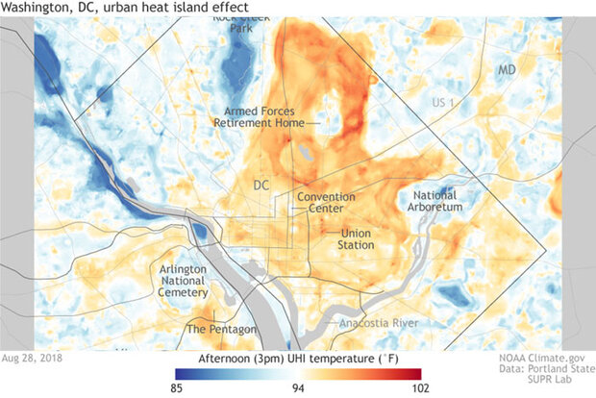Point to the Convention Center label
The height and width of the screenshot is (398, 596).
click(x=325, y=203)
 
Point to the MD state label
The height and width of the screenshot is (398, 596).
click(x=508, y=71)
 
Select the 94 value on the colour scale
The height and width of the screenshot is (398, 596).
click(x=298, y=388)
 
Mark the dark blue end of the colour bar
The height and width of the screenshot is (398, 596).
click(x=181, y=373)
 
